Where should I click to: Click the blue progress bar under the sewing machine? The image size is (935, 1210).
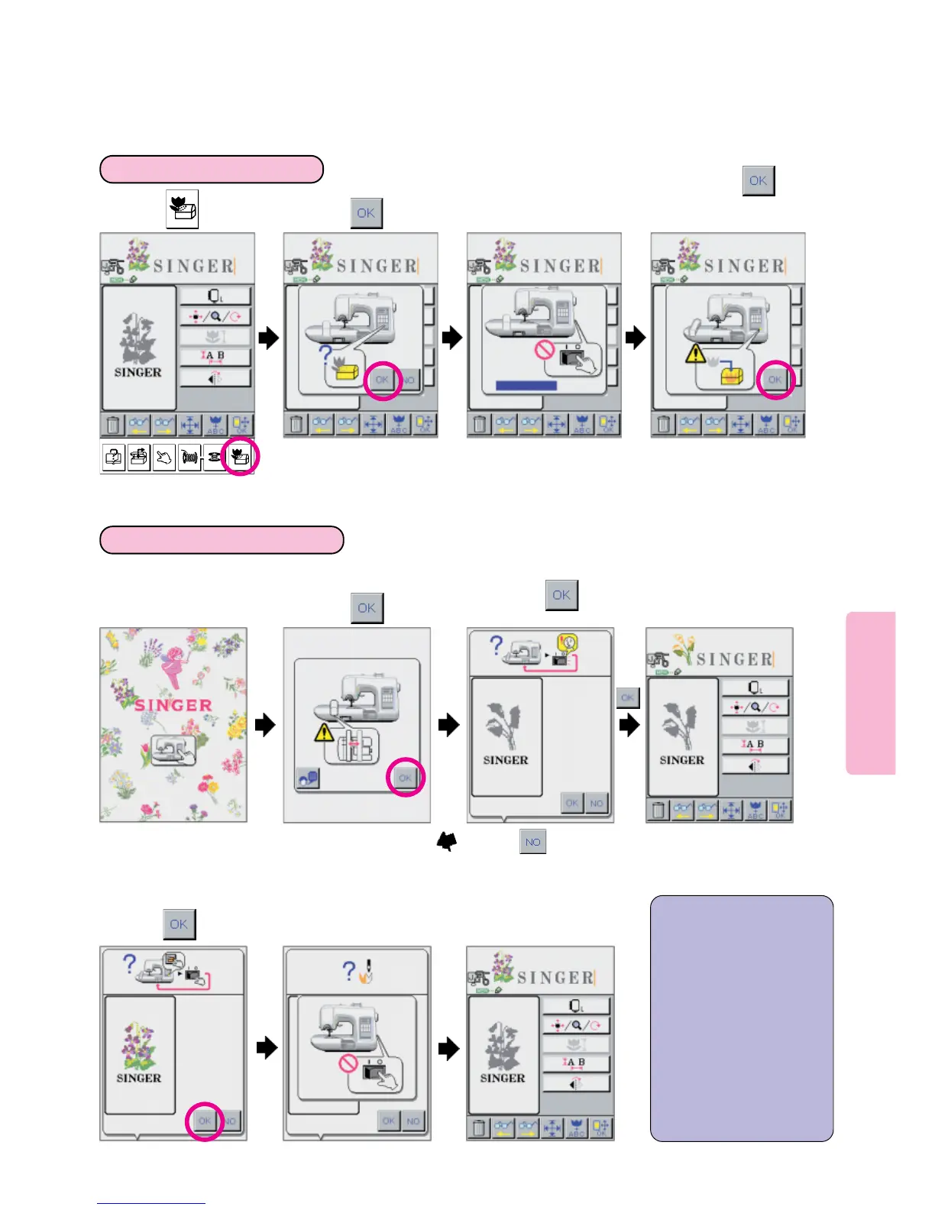click(x=526, y=386)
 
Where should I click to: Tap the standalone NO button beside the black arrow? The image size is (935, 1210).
click(x=532, y=842)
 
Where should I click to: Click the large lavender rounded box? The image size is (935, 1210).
click(x=741, y=1018)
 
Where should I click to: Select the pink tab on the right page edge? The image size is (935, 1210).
click(x=870, y=693)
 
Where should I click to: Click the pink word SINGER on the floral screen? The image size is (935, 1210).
click(x=173, y=705)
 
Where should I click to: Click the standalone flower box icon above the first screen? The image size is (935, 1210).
click(x=183, y=209)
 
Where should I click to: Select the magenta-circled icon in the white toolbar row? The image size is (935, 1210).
click(x=240, y=457)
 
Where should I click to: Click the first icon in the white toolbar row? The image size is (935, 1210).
click(x=113, y=458)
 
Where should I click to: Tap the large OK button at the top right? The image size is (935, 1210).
click(x=759, y=181)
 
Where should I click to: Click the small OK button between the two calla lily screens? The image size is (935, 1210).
click(x=627, y=697)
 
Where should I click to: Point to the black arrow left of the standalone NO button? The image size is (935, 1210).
click(x=447, y=842)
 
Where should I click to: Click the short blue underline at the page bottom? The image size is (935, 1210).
click(x=151, y=1203)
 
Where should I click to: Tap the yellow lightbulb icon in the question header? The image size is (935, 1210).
click(x=567, y=644)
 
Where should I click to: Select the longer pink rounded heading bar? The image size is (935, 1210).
click(x=222, y=539)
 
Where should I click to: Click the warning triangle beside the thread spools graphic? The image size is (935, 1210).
click(x=324, y=733)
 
